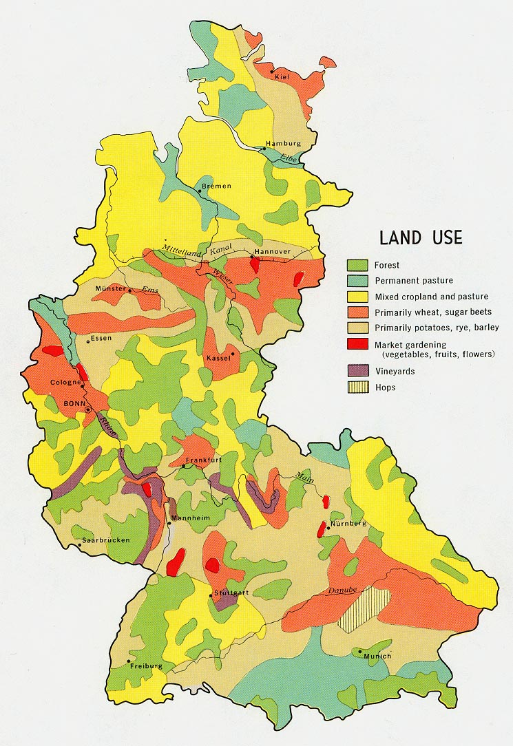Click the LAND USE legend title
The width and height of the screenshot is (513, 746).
point(421,238)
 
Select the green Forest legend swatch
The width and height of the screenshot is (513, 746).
point(357,265)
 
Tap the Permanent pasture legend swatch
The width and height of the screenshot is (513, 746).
point(357,281)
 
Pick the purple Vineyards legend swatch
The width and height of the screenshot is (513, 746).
point(357,371)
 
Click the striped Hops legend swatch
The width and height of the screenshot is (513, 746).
point(357,387)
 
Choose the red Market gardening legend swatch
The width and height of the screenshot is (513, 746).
point(357,344)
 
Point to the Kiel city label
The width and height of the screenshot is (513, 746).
point(282,76)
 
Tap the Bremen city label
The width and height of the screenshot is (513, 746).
point(217,186)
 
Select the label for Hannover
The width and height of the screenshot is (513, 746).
point(272,252)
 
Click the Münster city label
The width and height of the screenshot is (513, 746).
point(110,289)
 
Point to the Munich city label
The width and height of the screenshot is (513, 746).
point(378,656)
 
